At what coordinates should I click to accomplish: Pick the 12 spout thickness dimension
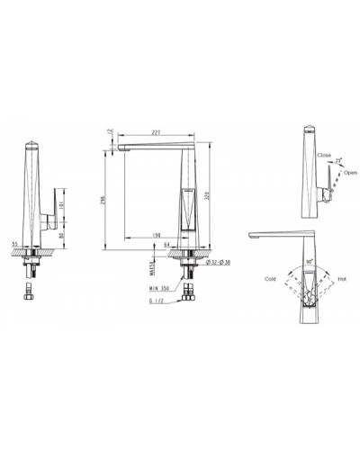point(108,131)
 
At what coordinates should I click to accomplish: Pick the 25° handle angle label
point(339,158)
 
